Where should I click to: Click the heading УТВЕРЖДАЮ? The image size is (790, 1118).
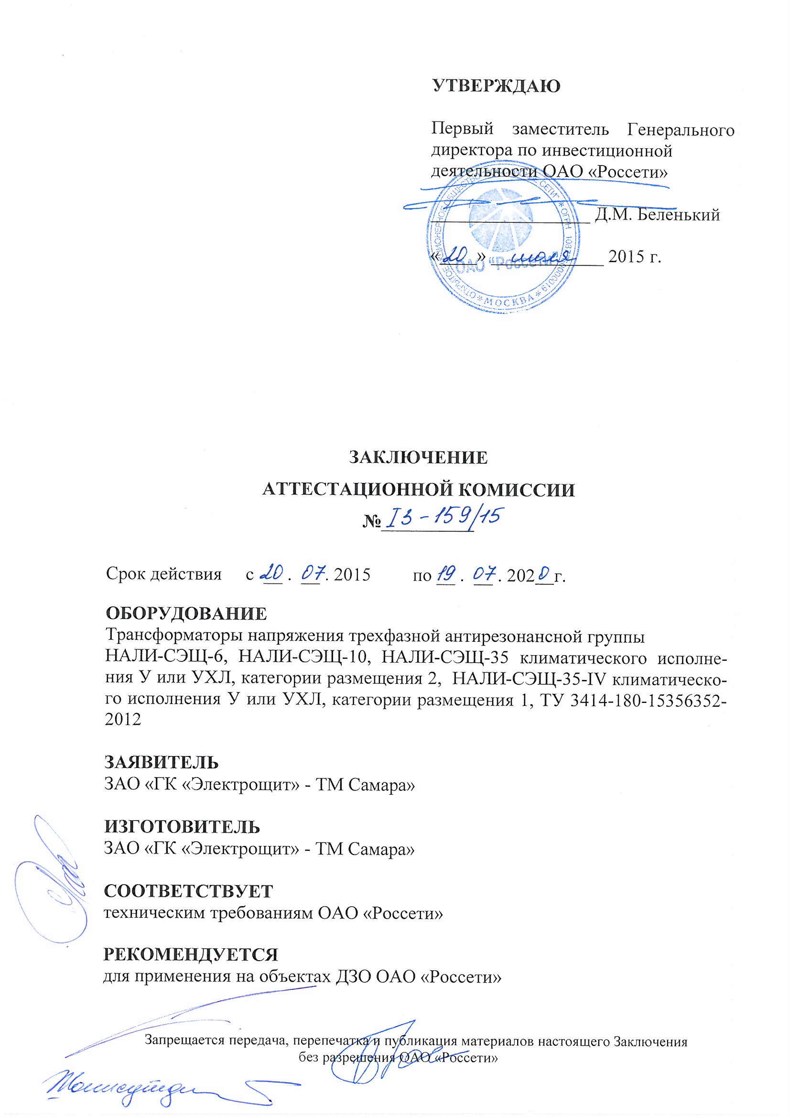coord(496,86)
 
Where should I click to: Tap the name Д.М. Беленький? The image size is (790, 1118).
coord(657,214)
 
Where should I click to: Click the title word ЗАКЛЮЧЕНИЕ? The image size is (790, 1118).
coord(418,457)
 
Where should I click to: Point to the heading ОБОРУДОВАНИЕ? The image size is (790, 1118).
coord(186,614)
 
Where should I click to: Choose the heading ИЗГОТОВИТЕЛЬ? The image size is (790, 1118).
coord(182,827)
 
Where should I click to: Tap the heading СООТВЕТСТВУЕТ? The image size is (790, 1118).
coord(188,891)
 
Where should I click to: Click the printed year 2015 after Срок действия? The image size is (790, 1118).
coord(352,575)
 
